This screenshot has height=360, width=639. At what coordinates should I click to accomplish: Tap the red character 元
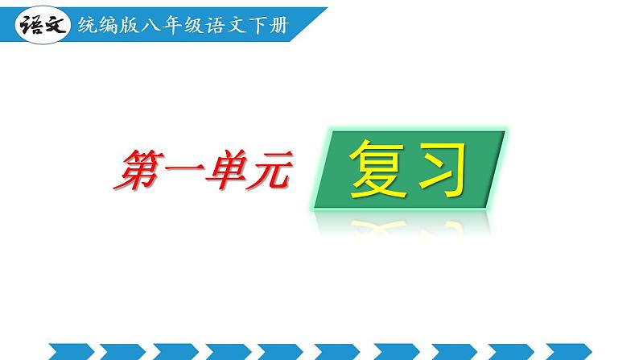coord(266,171)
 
